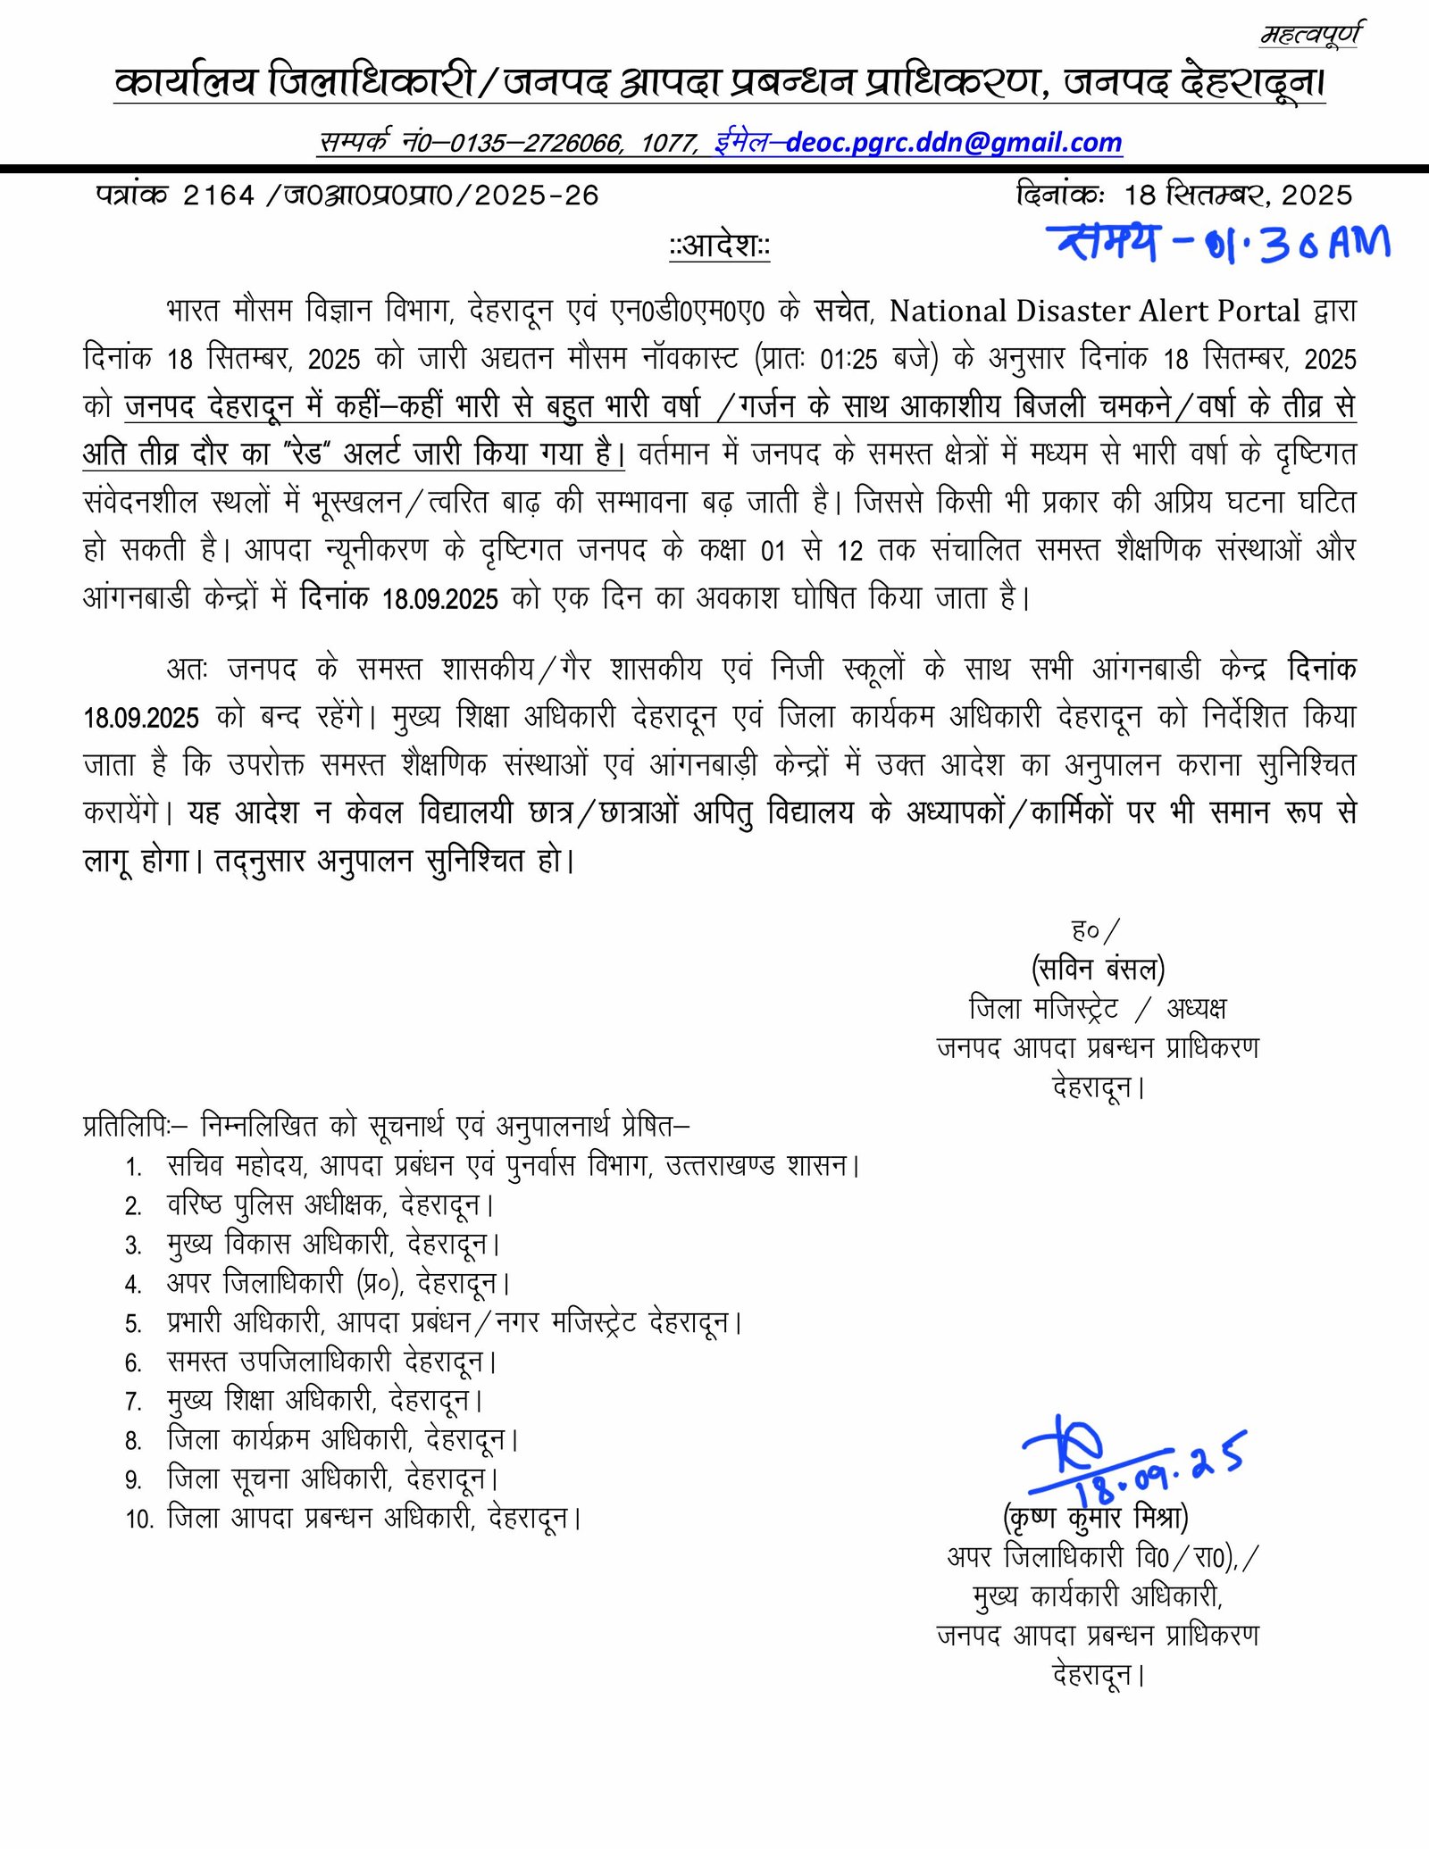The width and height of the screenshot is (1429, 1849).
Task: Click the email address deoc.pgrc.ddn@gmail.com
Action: point(954,143)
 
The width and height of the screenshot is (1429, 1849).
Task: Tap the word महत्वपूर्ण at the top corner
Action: point(1310,35)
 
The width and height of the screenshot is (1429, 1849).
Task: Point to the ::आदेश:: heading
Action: point(720,246)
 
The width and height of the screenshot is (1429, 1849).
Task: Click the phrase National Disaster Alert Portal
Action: point(1094,311)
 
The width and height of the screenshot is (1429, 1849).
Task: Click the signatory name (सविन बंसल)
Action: point(1098,969)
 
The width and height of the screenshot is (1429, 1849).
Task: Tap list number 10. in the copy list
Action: point(140,1519)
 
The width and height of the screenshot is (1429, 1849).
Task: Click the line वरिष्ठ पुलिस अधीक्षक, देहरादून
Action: point(330,1205)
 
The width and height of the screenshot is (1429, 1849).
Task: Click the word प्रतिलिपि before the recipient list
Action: point(126,1127)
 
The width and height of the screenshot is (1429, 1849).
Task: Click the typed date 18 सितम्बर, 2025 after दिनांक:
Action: point(1238,196)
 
